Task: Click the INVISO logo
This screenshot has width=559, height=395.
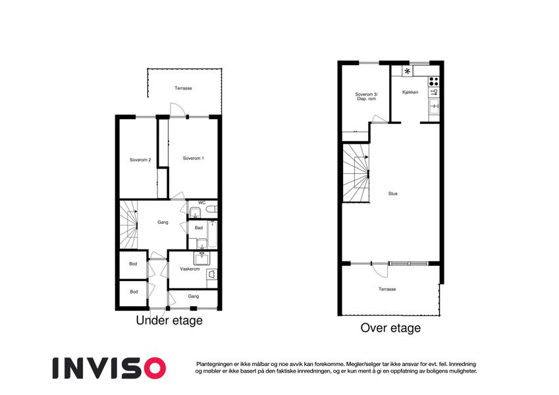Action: (109, 368)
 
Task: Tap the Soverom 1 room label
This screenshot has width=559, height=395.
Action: (193, 158)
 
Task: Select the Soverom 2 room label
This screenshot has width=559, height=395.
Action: (140, 160)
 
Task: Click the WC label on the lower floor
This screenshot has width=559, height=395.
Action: (201, 203)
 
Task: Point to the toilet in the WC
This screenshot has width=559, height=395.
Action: (212, 209)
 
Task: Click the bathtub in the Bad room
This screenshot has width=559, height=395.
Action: (212, 234)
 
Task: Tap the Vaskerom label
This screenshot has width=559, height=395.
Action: (190, 269)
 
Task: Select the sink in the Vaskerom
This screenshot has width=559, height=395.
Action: (202, 258)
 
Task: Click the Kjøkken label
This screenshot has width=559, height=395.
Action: (410, 92)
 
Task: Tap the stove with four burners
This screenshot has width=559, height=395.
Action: (433, 81)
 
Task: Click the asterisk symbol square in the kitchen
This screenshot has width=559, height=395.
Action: (407, 71)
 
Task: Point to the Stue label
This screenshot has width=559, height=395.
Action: (393, 194)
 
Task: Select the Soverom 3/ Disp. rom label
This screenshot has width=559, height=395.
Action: (367, 97)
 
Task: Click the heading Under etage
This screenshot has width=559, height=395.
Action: (169, 321)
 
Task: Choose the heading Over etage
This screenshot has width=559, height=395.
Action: (390, 328)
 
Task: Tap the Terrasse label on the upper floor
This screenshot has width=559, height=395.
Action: (387, 289)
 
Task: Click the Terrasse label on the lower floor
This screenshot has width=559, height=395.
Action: (183, 88)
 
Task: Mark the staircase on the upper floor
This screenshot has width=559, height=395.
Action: (356, 173)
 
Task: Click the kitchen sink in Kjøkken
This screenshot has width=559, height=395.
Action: (434, 106)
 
